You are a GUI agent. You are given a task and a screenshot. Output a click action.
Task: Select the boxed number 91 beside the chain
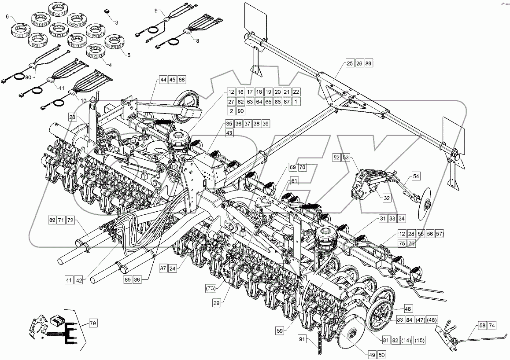coord(302,339)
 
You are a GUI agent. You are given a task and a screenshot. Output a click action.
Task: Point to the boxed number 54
coord(416,176)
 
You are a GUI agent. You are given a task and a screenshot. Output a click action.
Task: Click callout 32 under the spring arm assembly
coord(386,198)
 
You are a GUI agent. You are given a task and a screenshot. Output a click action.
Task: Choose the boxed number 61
coord(294,181)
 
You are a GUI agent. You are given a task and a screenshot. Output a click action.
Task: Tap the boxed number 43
coord(229,133)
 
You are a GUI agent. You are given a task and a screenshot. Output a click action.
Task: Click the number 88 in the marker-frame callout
coord(369,64)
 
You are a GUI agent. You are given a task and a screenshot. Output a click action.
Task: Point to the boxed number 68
coord(181,80)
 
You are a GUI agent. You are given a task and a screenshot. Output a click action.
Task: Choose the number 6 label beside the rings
coord(7,16)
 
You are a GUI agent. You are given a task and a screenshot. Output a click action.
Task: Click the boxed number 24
coord(173,268)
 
